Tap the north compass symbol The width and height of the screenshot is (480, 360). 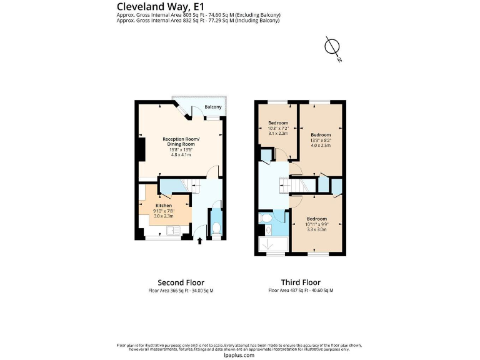click(332, 47)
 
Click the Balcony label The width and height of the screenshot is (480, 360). click(213, 107)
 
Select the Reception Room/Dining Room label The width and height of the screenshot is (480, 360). click(181, 141)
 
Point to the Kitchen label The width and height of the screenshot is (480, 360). click(163, 205)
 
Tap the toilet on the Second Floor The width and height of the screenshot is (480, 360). click(216, 228)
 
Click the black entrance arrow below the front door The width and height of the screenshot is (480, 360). click(199, 241)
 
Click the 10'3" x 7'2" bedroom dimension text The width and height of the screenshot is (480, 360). click(278, 128)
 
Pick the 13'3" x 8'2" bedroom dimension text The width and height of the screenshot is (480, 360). click(321, 141)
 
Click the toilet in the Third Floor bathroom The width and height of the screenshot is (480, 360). click(266, 219)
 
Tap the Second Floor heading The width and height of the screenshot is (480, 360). click(181, 282)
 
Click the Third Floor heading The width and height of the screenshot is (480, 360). click(301, 282)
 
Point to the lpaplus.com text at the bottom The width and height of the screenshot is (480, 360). click(239, 355)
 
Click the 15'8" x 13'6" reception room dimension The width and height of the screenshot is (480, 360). click(181, 149)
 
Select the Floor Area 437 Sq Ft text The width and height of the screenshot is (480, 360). click(301, 291)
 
